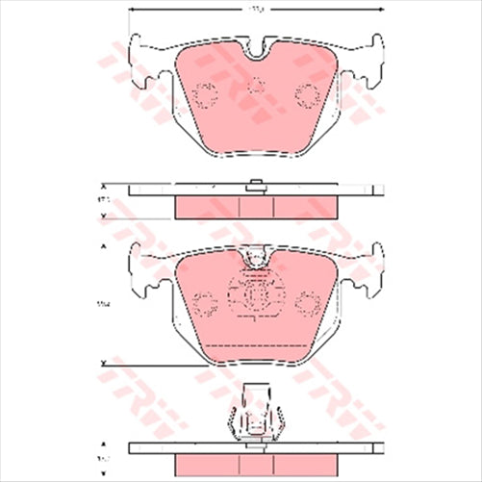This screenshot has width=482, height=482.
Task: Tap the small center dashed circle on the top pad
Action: pyautogui.click(x=256, y=86)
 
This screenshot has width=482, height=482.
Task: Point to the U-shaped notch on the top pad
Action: pyautogui.click(x=256, y=49)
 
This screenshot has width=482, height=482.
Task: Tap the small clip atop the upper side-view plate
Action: pyautogui.click(x=256, y=187)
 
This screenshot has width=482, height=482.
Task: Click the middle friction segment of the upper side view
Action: pyautogui.click(x=256, y=206)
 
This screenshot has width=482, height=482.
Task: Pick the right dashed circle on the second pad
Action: pyautogui.click(x=308, y=305)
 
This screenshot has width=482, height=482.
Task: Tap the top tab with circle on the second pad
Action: pyautogui.click(x=256, y=256)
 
